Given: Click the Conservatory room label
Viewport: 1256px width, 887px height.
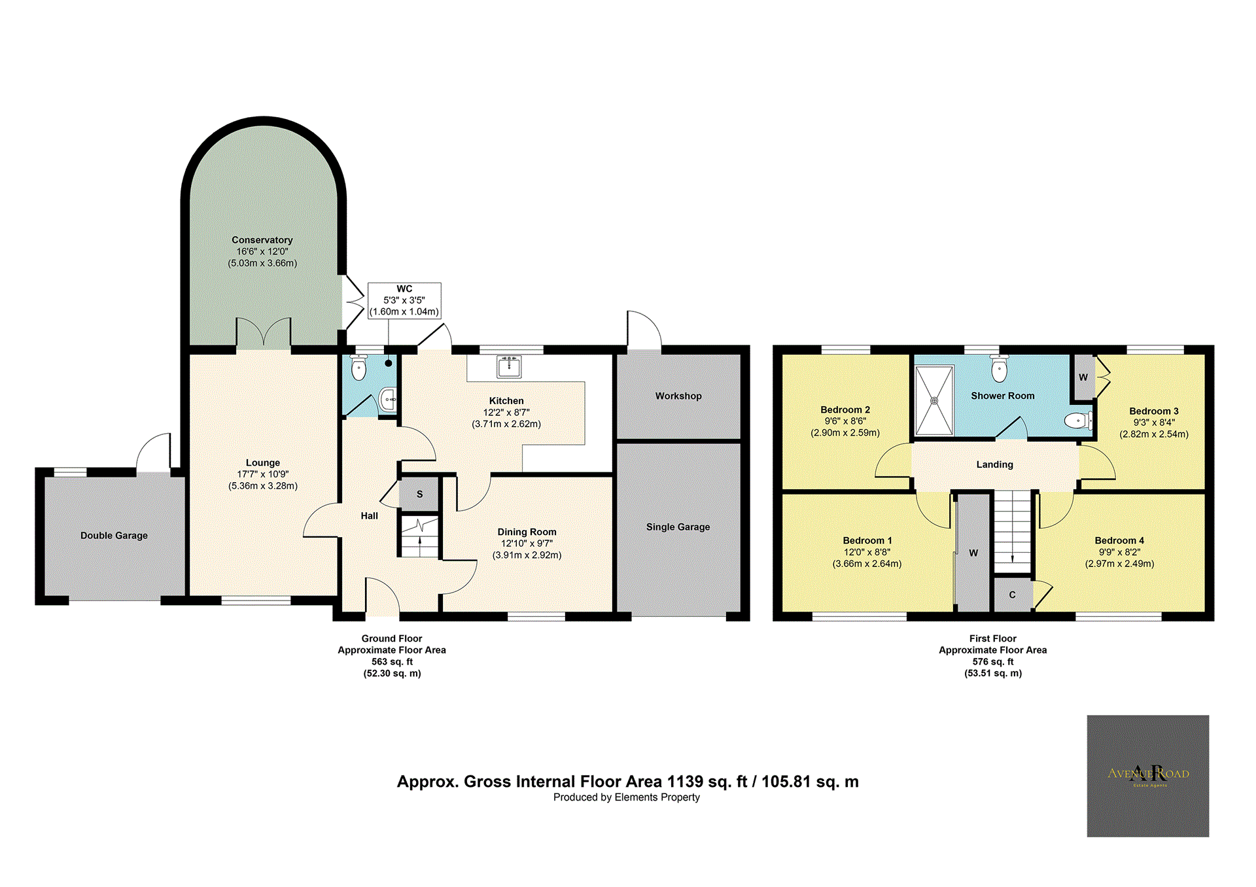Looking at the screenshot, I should [x=262, y=240].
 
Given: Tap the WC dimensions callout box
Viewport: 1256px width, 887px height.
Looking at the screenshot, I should [x=404, y=301].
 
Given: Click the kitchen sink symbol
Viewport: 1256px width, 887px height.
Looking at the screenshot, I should [x=509, y=367].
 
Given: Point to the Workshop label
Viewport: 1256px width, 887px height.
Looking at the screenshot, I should [x=678, y=396].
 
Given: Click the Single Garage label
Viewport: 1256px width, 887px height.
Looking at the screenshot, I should [x=678, y=527].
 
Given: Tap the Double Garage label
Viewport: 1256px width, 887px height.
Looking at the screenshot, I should [x=114, y=535].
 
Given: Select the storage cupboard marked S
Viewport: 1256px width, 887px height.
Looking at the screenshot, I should [x=419, y=494].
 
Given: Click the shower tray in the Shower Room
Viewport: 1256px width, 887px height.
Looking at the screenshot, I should [x=934, y=400].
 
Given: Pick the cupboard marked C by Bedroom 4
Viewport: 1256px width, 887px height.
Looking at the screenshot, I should [x=1012, y=595].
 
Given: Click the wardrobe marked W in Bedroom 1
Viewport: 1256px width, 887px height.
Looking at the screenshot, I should [x=973, y=553].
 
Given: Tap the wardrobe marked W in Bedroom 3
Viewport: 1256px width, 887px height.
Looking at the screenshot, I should [x=1083, y=377].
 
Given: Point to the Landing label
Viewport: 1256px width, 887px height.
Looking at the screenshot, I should [x=994, y=464].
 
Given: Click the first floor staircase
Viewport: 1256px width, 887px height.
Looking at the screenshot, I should [x=1012, y=530].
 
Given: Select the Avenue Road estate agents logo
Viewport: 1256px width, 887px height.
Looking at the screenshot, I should [x=1147, y=775].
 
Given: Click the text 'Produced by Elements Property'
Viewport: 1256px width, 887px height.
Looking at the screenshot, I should [x=626, y=797].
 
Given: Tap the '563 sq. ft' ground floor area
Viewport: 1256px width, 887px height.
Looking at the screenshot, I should [x=392, y=661].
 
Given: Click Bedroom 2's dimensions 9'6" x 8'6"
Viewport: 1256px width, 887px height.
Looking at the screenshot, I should [x=845, y=421].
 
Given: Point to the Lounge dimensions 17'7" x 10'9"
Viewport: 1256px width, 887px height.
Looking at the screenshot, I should [x=262, y=474].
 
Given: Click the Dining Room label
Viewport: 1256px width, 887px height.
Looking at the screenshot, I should [x=527, y=532].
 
